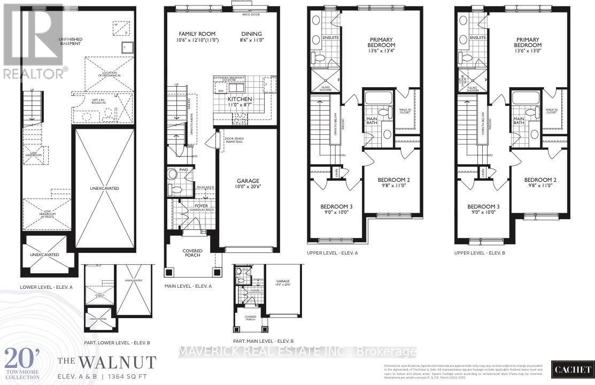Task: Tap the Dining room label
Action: click(x=251, y=34)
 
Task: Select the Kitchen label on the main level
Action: click(x=239, y=99)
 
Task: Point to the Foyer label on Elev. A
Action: click(x=201, y=205)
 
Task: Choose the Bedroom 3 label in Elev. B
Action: click(x=483, y=206)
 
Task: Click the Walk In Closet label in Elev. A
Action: click(x=407, y=111)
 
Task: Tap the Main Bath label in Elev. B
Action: click(x=519, y=121)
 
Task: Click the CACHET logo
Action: click(x=573, y=370)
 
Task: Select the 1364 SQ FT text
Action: click(x=137, y=376)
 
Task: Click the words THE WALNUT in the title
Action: click(x=107, y=363)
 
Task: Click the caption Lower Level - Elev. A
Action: click(x=47, y=287)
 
